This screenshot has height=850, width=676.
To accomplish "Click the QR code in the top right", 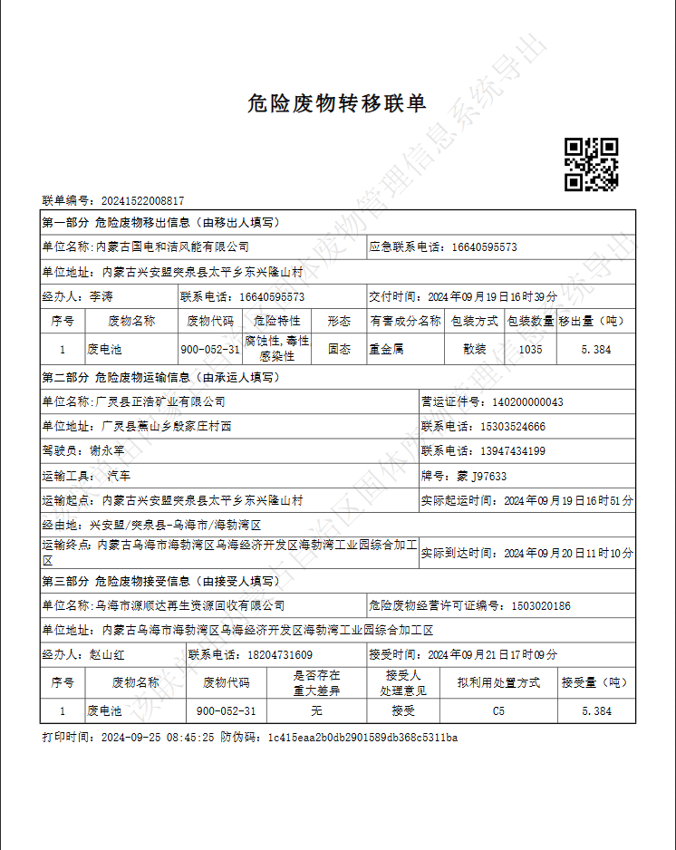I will pos(591,164).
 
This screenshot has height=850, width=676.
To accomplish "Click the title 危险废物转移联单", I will pos(337,103).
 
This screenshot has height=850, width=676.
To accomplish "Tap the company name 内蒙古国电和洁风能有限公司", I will pos(172,246).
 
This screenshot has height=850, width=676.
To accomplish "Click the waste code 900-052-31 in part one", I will pos(210,349).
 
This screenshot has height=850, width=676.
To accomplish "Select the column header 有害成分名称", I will pos(405,321).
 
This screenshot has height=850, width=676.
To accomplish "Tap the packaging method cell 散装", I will pos(475,349).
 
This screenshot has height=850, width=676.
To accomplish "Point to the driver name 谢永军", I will pos(107,450).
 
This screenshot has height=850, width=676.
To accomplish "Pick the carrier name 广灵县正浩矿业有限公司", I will pos(160,401).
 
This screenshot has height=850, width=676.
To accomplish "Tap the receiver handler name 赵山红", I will pos(107,654).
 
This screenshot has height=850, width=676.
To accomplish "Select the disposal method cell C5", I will pos(498,711).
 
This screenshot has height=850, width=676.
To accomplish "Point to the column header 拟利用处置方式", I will pos(498,682).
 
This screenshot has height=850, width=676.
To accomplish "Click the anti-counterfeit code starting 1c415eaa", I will pos(362,738).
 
